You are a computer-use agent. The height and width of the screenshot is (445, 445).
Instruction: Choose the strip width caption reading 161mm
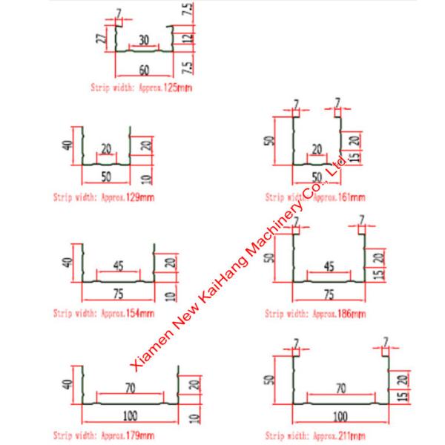tap(315, 198)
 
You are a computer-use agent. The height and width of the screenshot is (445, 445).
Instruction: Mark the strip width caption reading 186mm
tap(315, 314)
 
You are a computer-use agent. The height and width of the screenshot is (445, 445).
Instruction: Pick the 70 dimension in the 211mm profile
tap(340, 387)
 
